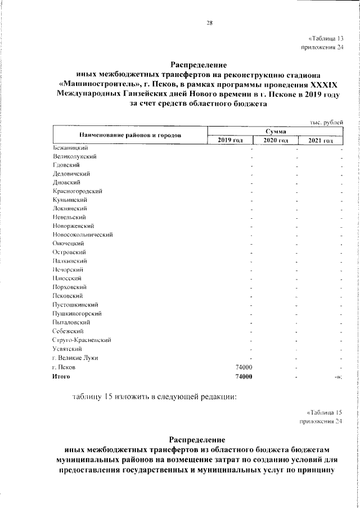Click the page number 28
(209, 23)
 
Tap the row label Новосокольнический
(83, 235)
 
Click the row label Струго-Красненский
(81, 340)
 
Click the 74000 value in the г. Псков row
(242, 367)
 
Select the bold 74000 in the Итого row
(242, 376)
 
